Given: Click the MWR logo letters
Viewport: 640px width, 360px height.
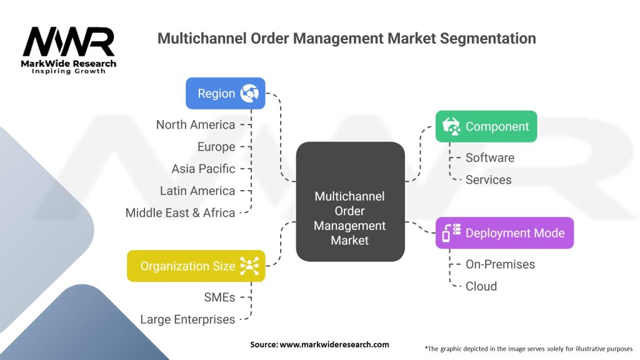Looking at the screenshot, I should click(69, 42).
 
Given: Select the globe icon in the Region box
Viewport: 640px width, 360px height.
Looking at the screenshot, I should click(250, 93).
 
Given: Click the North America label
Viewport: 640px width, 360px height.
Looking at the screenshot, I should click(196, 125).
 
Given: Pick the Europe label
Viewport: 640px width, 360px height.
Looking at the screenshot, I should click(216, 147).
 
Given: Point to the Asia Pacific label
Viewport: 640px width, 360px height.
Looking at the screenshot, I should click(203, 169).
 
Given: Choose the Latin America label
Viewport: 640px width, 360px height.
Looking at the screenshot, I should click(197, 191).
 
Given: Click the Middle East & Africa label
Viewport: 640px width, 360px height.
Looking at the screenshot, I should click(180, 212).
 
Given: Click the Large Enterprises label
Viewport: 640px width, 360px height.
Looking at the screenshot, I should click(187, 319).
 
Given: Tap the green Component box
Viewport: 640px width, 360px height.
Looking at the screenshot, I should click(486, 126).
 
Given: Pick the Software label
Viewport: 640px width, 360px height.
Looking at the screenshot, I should click(490, 157).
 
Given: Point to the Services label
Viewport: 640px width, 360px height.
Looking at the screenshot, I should click(488, 179).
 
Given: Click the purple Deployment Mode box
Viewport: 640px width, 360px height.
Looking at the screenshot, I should click(504, 233).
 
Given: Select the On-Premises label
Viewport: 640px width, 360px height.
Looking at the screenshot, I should click(500, 264).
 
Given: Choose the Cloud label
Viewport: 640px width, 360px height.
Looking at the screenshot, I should click(481, 286).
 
